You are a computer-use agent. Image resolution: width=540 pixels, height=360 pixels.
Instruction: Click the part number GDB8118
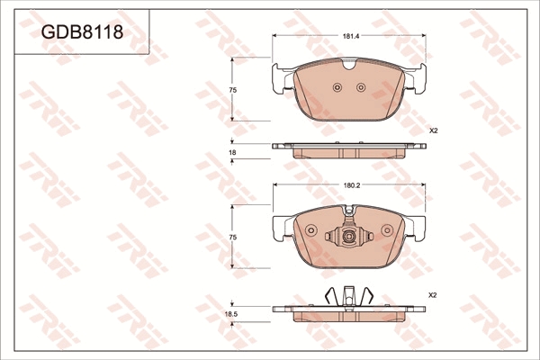point(82,32)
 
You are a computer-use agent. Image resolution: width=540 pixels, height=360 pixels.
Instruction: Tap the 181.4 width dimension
point(351,36)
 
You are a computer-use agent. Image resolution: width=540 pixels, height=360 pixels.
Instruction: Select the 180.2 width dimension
point(351,185)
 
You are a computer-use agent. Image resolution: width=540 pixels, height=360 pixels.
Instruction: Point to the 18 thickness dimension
point(233,152)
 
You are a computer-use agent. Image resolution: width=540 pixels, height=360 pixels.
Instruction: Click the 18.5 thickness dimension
point(231,314)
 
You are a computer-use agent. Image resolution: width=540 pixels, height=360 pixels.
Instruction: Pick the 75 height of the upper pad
point(233,90)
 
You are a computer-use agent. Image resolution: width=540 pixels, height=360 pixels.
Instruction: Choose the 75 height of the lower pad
point(233,238)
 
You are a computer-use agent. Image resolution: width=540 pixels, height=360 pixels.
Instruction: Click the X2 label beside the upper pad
point(433,130)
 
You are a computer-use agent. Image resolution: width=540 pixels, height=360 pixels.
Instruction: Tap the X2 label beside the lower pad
point(433,295)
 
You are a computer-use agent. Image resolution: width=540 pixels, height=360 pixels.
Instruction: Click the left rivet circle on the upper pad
point(337,87)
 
